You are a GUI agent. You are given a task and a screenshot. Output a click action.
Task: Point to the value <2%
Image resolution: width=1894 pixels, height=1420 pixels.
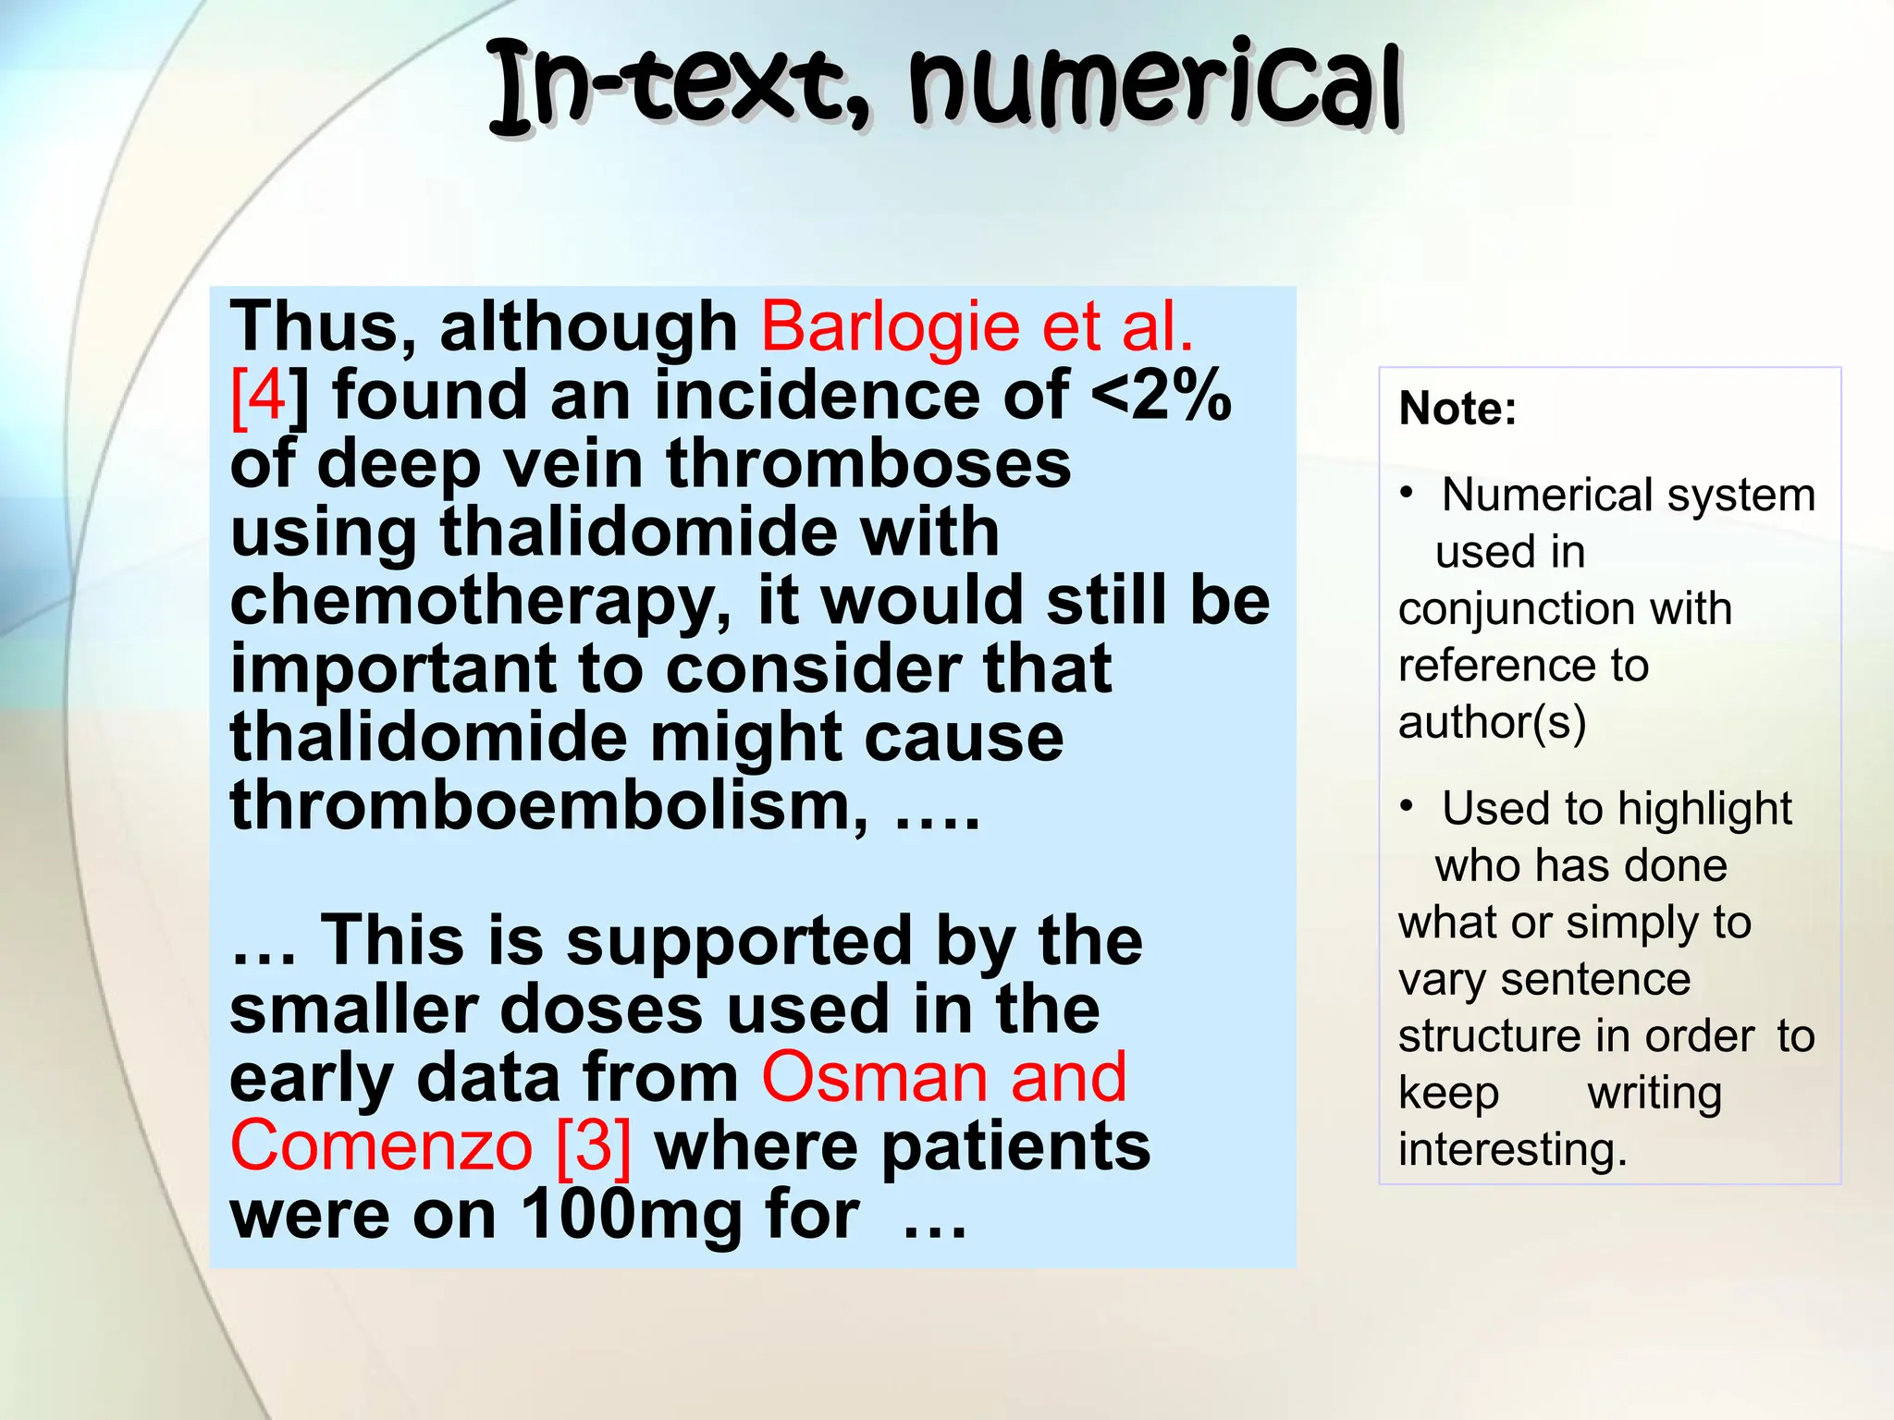[1162, 396]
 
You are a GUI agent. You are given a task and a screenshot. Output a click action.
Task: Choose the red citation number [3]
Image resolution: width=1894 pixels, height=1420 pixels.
[595, 1146]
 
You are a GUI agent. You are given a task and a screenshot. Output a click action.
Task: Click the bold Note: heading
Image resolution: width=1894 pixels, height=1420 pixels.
[1457, 408]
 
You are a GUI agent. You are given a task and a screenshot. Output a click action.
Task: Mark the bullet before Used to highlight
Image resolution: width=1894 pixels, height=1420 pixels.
[1407, 806]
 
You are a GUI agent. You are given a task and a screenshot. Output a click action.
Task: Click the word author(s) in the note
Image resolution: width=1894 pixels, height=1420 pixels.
[1492, 722]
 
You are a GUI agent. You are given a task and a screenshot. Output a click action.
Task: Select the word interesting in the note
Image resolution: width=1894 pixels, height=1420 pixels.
[1511, 1149]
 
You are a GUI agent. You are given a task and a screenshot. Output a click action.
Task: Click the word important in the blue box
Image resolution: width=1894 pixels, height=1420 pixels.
[392, 669]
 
